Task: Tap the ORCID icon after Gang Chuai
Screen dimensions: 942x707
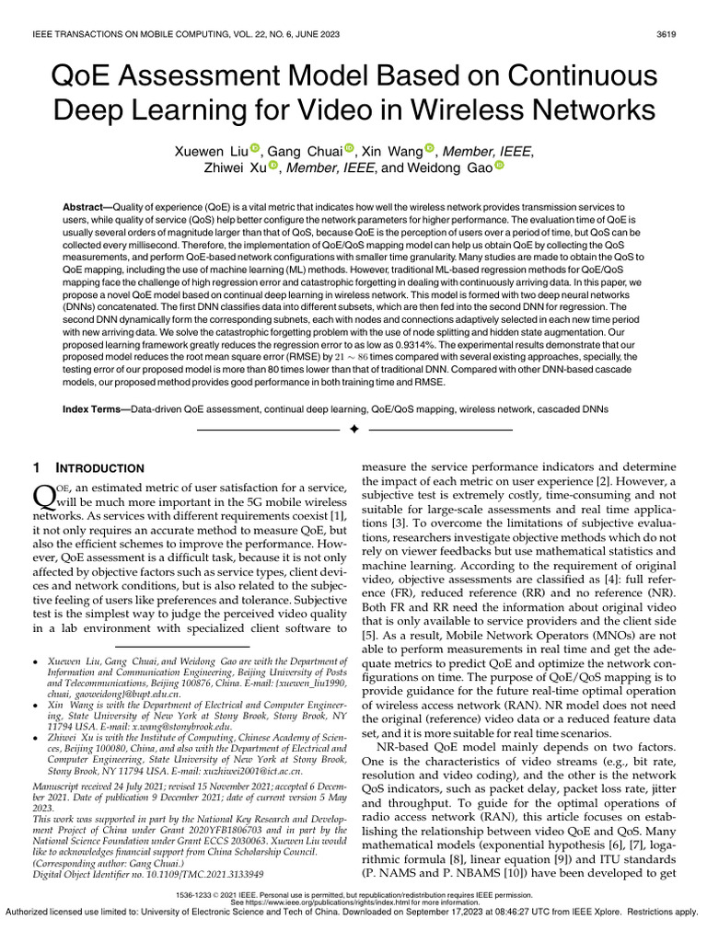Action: [x=350, y=149]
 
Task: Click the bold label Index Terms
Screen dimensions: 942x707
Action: [x=93, y=408]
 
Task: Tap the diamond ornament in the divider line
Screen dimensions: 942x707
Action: [x=353, y=430]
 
